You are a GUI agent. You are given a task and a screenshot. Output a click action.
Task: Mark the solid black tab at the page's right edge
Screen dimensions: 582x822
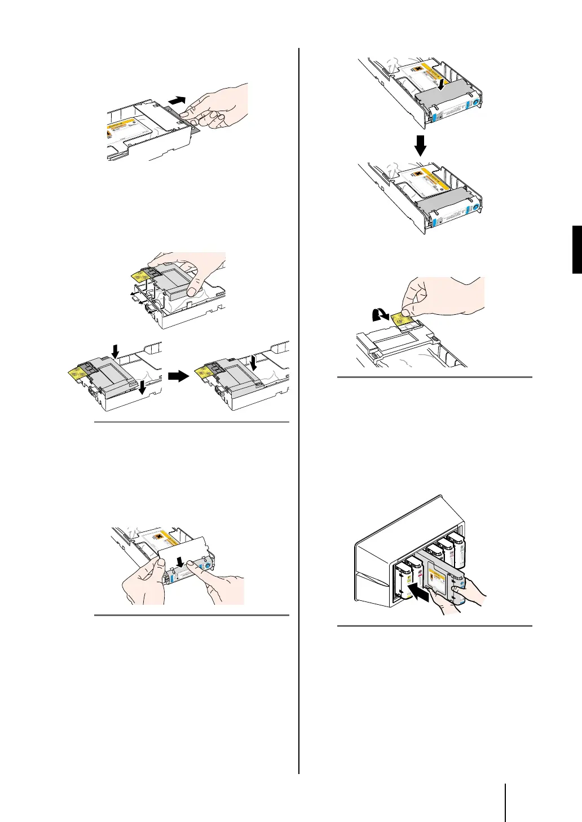coord(577,249)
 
